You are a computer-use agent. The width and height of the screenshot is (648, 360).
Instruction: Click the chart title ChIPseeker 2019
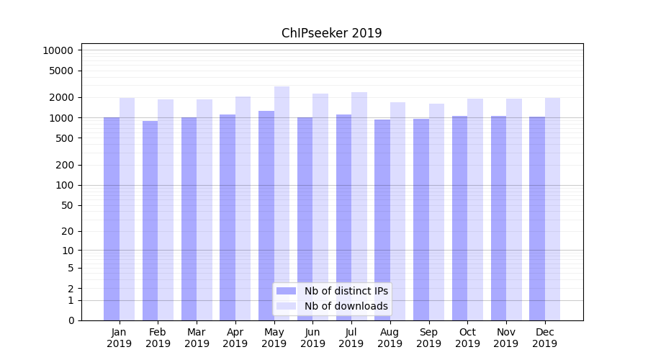click(331, 33)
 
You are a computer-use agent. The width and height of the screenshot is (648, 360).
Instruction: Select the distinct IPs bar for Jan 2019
click(112, 216)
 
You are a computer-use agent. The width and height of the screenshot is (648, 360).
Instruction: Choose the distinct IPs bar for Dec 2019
click(537, 216)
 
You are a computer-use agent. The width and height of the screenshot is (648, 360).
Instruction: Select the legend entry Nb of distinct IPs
click(346, 291)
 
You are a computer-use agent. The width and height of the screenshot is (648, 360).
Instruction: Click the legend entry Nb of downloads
click(346, 306)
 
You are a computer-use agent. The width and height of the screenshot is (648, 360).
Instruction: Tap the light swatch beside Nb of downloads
click(286, 306)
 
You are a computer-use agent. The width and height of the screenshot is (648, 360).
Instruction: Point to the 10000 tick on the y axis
click(58, 50)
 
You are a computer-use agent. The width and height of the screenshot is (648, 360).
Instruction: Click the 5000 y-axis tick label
click(60, 71)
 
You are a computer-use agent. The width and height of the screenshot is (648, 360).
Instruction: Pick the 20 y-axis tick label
click(66, 231)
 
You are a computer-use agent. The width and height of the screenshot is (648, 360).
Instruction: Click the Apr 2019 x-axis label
click(235, 338)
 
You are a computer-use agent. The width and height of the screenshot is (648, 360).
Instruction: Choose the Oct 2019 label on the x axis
click(467, 338)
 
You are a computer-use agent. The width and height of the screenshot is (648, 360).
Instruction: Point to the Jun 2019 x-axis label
click(312, 338)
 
